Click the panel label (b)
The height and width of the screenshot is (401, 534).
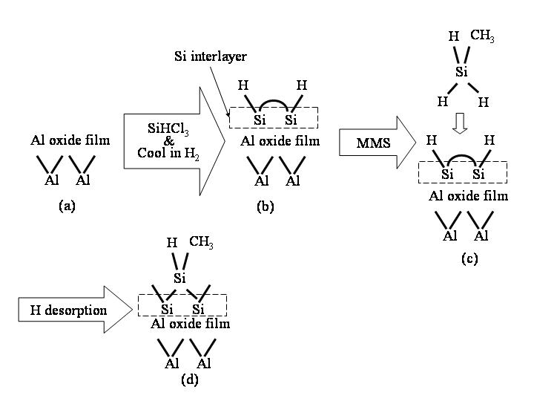tap(265, 207)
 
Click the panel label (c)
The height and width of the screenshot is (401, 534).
tap(469, 258)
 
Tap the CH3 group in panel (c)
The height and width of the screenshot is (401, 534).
tap(482, 36)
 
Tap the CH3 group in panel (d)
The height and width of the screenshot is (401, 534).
tap(201, 241)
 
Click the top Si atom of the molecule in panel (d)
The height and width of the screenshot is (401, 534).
tap(179, 278)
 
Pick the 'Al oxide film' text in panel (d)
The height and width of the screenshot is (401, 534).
tap(190, 324)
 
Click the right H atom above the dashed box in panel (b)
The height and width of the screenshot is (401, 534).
tap(300, 86)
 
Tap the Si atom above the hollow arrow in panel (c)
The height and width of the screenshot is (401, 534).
tap(461, 71)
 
